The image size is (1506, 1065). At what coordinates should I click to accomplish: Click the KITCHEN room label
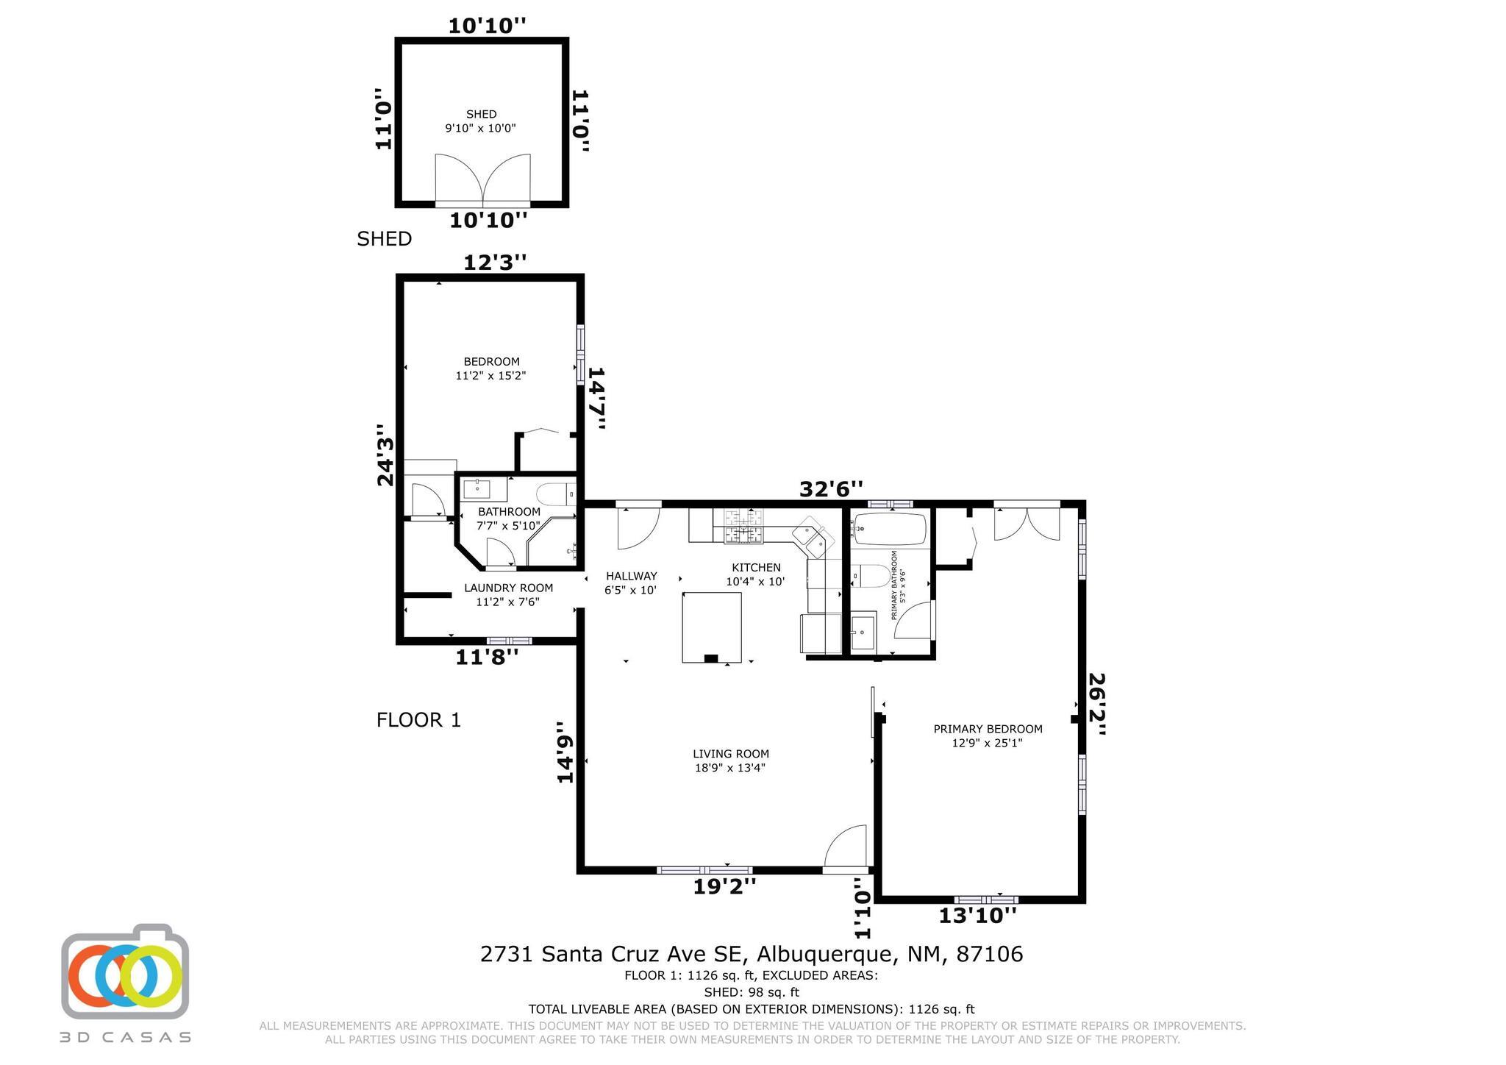pyautogui.click(x=756, y=568)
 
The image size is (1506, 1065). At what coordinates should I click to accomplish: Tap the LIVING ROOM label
pyautogui.click(x=731, y=754)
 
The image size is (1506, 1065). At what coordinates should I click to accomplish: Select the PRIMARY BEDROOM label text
pyautogui.click(x=988, y=729)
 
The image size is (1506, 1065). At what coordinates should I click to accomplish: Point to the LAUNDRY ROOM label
pyautogui.click(x=508, y=588)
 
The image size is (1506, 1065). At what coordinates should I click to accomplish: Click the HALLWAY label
pyautogui.click(x=631, y=576)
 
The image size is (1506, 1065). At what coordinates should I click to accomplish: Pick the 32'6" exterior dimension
pyautogui.click(x=831, y=489)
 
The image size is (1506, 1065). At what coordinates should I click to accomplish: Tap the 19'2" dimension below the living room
pyautogui.click(x=724, y=887)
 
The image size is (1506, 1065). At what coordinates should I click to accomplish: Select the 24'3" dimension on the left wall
pyautogui.click(x=385, y=455)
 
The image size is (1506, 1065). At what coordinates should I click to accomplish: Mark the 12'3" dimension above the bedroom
pyautogui.click(x=495, y=263)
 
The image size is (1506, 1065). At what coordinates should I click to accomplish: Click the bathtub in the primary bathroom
pyautogui.click(x=890, y=530)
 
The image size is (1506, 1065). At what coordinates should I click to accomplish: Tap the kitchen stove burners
pyautogui.click(x=744, y=527)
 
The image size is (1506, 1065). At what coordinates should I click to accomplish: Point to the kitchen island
pyautogui.click(x=711, y=627)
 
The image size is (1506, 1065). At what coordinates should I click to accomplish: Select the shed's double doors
pyautogui.click(x=482, y=179)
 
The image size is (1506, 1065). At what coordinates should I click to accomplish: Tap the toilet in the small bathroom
pyautogui.click(x=555, y=494)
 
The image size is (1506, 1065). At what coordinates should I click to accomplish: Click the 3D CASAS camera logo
pyautogui.click(x=125, y=971)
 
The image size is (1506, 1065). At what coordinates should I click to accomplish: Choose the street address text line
pyautogui.click(x=752, y=954)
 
